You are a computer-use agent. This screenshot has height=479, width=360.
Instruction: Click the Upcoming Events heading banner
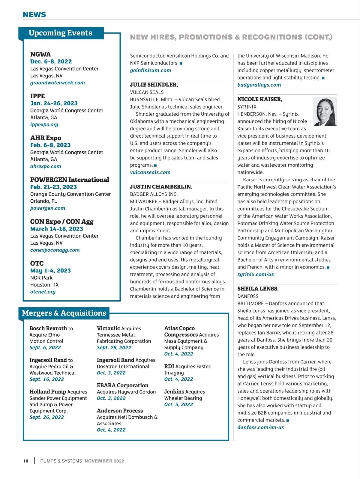point(61,33)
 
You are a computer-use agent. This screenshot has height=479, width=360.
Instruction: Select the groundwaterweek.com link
point(57,83)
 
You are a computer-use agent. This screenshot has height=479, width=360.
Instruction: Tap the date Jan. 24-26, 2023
point(54,103)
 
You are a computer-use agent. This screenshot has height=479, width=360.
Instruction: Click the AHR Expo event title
point(46,138)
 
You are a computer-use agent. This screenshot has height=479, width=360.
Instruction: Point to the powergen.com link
point(47,208)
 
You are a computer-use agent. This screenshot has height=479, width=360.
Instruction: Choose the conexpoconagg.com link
point(55,250)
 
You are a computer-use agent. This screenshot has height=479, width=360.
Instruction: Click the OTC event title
point(37,263)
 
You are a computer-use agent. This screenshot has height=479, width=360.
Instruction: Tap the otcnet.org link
point(43,292)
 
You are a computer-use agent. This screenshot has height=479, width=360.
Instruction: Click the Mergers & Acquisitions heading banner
point(64,313)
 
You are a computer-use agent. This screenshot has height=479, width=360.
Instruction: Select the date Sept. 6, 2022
point(45,348)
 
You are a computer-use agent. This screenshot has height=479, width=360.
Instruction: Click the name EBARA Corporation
point(122,385)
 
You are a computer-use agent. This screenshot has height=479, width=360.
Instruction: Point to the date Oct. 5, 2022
point(178,405)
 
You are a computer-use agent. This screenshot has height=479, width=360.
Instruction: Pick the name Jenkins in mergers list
point(174,392)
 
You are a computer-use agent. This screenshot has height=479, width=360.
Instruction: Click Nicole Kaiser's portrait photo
point(325,112)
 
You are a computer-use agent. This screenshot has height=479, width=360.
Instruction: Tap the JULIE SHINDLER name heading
point(154,85)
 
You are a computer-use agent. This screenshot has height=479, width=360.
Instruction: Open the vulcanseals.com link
point(150,172)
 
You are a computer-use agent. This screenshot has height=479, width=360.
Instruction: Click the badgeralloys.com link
point(259,85)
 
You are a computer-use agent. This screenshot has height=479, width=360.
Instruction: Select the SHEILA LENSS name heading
point(258,289)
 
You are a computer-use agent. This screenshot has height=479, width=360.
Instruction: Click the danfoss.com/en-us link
point(260,427)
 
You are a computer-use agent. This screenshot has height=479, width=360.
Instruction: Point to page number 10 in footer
point(26,461)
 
